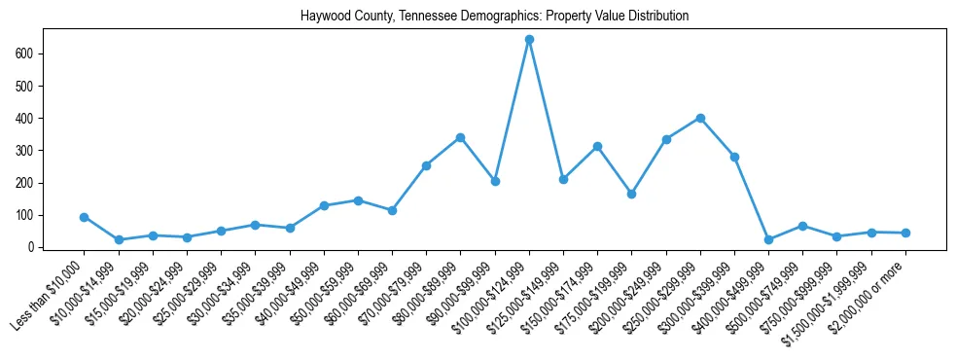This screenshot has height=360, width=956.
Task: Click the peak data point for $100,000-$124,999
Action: pyautogui.click(x=529, y=40)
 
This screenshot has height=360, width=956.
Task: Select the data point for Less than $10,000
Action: pyautogui.click(x=84, y=217)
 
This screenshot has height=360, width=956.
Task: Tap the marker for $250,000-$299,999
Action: pyautogui.click(x=700, y=119)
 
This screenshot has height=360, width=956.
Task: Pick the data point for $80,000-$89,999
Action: pyautogui.click(x=460, y=138)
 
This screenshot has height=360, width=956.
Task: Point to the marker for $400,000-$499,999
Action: pyautogui.click(x=768, y=239)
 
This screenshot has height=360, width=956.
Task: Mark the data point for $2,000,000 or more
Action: pyautogui.click(x=905, y=233)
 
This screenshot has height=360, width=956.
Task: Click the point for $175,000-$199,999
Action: pyautogui.click(x=631, y=195)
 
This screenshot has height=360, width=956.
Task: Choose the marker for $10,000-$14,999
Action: pyautogui.click(x=119, y=239)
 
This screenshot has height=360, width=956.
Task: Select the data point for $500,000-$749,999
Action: pyautogui.click(x=802, y=226)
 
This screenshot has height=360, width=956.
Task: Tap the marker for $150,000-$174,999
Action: pyautogui.click(x=597, y=147)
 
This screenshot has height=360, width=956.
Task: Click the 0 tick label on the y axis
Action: pyautogui.click(x=32, y=247)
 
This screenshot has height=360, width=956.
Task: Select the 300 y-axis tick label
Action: pyautogui.click(x=27, y=151)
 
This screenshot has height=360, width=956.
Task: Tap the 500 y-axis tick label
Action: pyautogui.click(x=27, y=86)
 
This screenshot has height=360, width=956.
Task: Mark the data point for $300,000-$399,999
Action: pyautogui.click(x=734, y=157)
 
